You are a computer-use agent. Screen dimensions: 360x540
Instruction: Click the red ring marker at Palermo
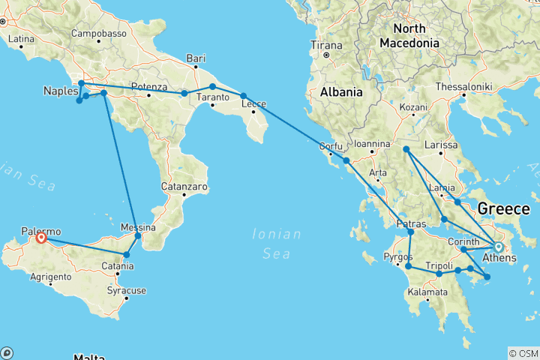coord(41,238)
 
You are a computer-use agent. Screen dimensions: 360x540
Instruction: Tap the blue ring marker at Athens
coord(498,247)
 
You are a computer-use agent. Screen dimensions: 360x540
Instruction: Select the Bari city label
coord(196,58)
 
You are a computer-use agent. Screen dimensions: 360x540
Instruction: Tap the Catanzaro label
coord(184,186)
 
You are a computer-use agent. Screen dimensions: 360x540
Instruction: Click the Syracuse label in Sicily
coord(126,289)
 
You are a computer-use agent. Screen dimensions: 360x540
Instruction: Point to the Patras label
coord(410,224)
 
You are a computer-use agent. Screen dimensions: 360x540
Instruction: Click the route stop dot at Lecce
coord(244,96)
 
